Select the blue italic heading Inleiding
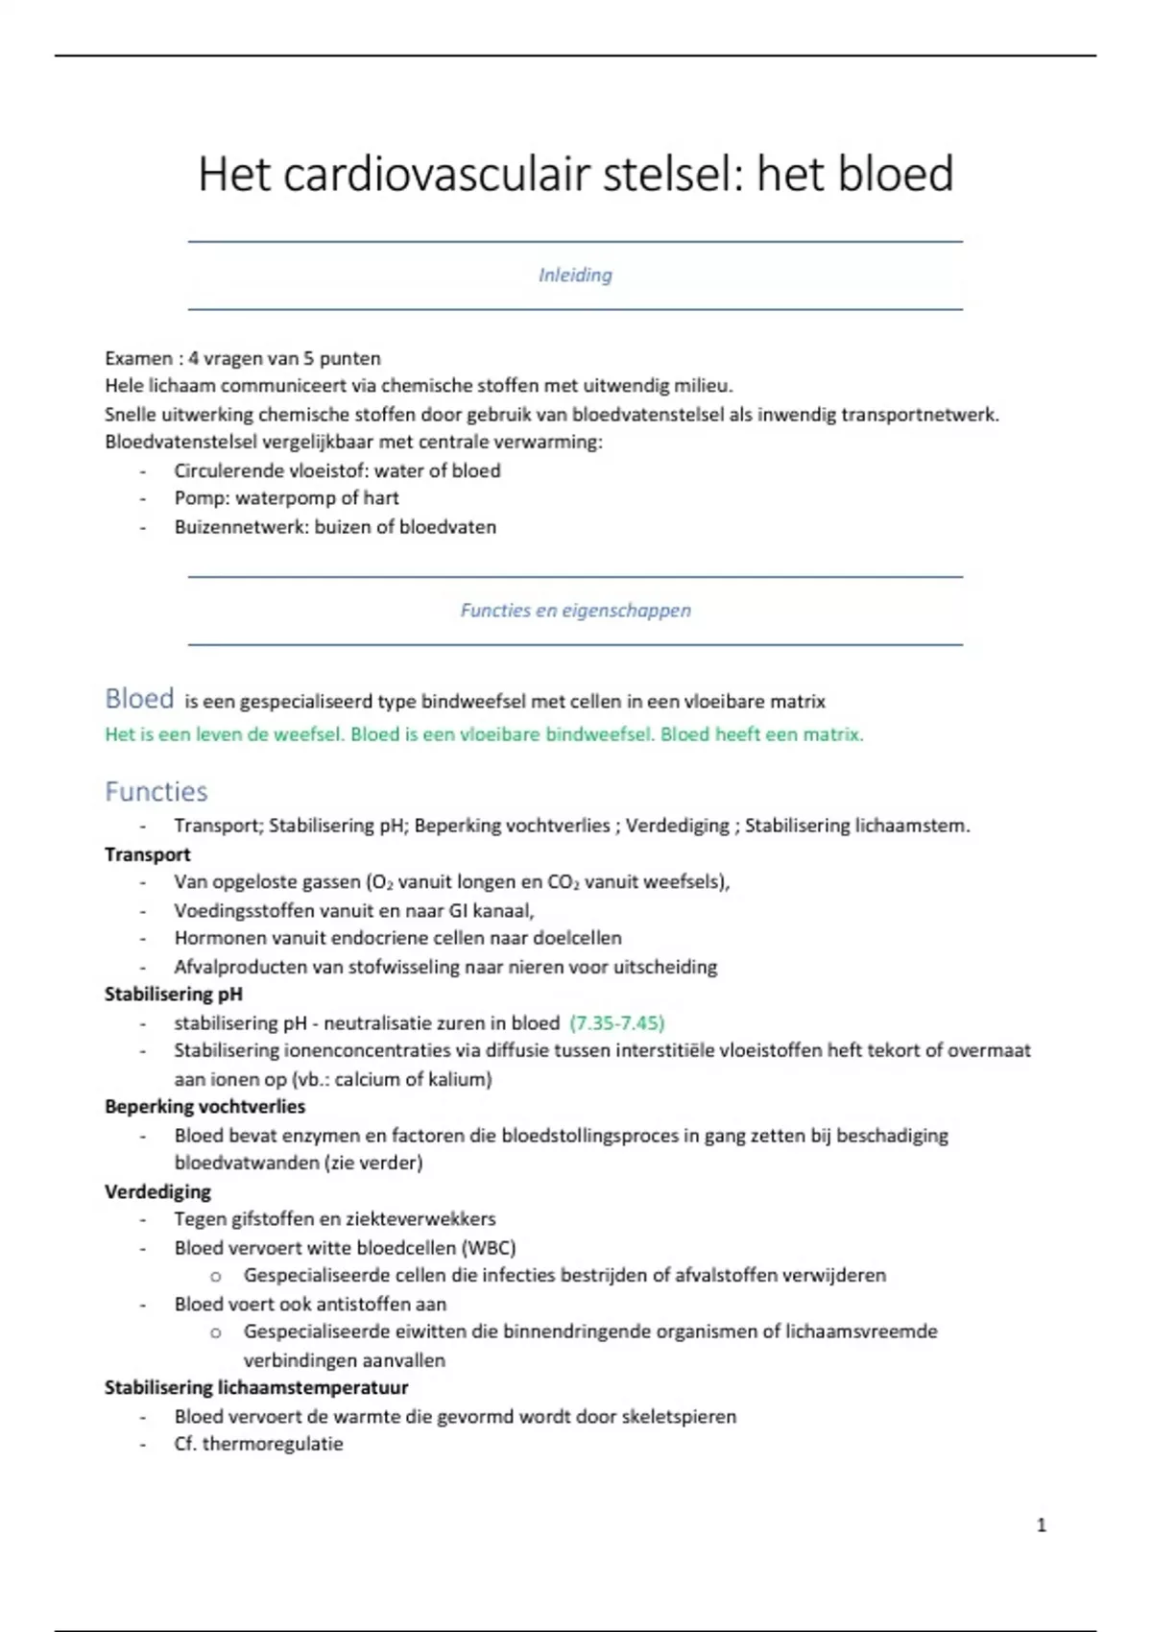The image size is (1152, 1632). pyautogui.click(x=575, y=276)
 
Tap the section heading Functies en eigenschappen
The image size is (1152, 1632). pyautogui.click(x=575, y=611)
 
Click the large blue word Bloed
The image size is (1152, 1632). pyautogui.click(x=139, y=699)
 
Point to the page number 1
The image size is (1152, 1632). pyautogui.click(x=1042, y=1525)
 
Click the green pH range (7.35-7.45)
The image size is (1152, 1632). pyautogui.click(x=616, y=1023)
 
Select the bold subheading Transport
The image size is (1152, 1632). pyautogui.click(x=147, y=854)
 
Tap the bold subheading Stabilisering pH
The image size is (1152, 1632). pyautogui.click(x=173, y=995)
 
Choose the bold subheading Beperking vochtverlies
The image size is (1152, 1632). pyautogui.click(x=204, y=1107)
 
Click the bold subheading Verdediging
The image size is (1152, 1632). pyautogui.click(x=157, y=1191)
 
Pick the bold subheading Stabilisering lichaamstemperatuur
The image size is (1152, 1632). pyautogui.click(x=256, y=1388)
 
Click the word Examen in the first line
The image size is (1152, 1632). pyautogui.click(x=138, y=358)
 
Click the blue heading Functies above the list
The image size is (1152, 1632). pyautogui.click(x=156, y=792)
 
